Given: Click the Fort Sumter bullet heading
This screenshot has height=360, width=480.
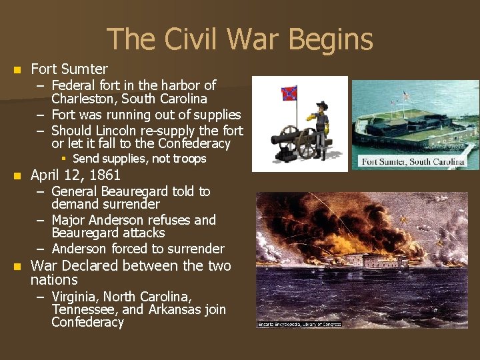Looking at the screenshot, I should point(69,69).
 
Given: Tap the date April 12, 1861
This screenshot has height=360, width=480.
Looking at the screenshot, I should point(75,175).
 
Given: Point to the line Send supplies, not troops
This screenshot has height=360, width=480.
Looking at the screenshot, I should point(139,159).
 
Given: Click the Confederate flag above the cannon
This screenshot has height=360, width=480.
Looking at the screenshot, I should point(289,93).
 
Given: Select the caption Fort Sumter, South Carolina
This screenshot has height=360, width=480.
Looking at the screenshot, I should point(413,162).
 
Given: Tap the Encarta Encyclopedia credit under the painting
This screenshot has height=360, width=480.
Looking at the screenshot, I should point(299,324).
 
